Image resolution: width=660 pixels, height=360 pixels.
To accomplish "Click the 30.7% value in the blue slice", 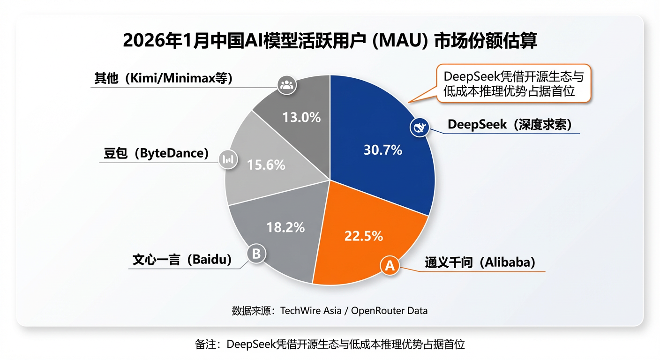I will tap(382, 150).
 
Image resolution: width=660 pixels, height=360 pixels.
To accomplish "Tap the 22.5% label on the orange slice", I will tap(363, 236).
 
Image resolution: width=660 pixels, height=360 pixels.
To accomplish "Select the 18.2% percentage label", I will tap(285, 227).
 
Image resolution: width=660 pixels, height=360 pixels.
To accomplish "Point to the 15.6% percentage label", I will tap(266, 165).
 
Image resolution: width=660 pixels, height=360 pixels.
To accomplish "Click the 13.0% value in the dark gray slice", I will tap(301, 117).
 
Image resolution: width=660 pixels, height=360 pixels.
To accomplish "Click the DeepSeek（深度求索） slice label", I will tap(510, 125).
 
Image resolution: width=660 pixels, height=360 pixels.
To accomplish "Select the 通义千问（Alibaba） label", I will tap(480, 262).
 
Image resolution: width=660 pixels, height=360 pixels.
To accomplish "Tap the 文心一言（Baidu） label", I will tap(182, 260).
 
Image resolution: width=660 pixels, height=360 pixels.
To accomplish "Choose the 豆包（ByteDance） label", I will tap(156, 153).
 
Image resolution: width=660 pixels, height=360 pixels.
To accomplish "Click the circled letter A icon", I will tap(390, 266).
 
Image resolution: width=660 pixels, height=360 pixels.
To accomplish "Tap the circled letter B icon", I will tap(256, 254).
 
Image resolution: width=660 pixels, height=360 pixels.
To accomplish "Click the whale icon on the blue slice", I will tap(419, 127).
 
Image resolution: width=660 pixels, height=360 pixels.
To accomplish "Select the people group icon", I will tap(285, 85).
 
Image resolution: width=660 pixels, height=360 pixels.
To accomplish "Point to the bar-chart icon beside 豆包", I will tap(228, 159).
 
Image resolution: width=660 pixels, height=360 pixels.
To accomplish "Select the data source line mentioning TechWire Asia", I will tap(330, 310).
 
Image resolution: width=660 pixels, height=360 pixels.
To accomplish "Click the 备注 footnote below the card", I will tap(330, 345).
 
